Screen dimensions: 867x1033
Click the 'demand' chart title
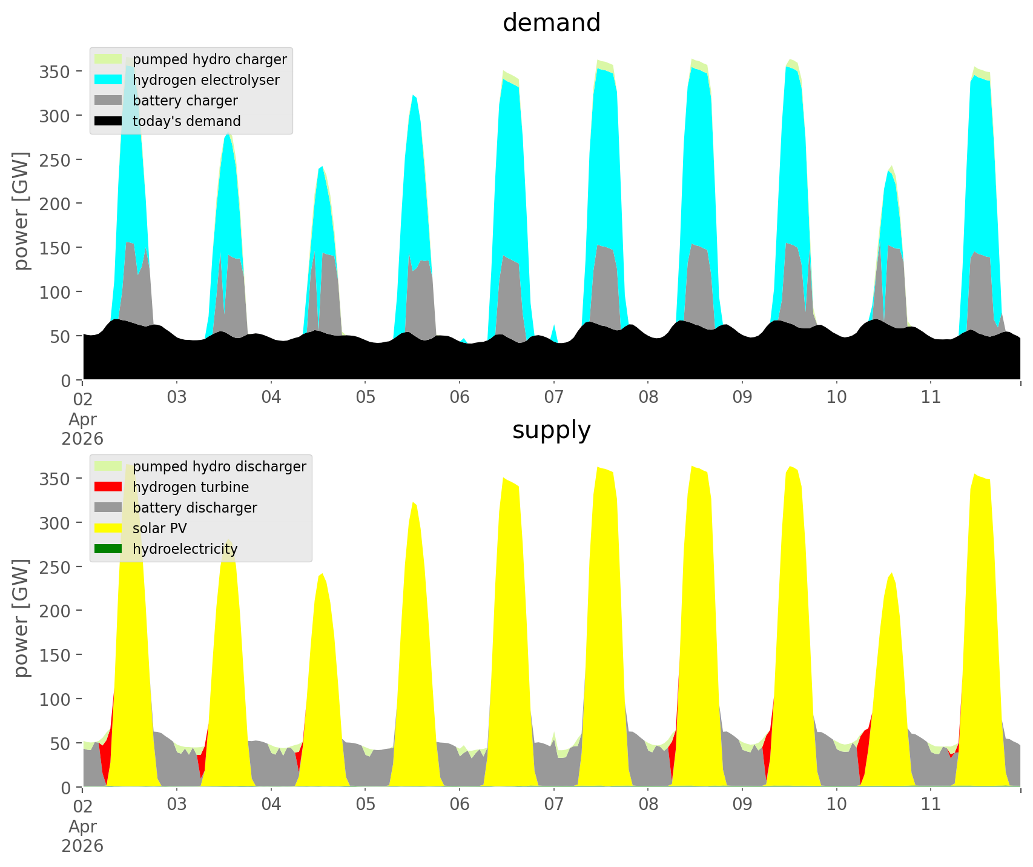[x=551, y=23]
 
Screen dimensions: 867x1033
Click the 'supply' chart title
[x=551, y=430]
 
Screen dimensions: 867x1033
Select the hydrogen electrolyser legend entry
[x=206, y=80]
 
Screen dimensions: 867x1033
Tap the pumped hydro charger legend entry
[x=210, y=59]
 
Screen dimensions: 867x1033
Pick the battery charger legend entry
[x=185, y=101]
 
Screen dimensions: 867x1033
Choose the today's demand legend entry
[x=186, y=121]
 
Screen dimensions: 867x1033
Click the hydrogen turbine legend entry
[x=191, y=487]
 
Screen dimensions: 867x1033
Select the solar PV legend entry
[x=160, y=528]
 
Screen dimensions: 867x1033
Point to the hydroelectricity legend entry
[x=185, y=549]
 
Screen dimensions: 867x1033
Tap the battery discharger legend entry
[x=194, y=508]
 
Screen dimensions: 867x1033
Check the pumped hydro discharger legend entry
[x=219, y=467]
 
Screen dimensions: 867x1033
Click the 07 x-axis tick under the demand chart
[x=553, y=397]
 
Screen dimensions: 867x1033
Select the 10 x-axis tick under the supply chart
[x=836, y=805]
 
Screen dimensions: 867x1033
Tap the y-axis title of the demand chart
[x=22, y=211]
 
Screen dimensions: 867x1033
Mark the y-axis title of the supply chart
[x=22, y=618]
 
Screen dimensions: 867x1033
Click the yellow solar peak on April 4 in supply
[x=322, y=666]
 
